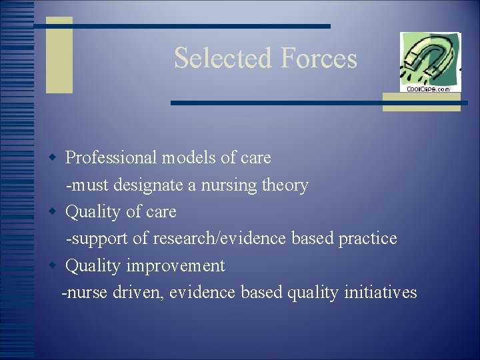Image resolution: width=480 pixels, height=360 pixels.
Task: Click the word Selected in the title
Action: [x=223, y=58]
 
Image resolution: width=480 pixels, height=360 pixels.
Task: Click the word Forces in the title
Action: [x=319, y=58]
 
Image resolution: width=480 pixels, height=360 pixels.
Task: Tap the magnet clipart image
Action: [x=429, y=58]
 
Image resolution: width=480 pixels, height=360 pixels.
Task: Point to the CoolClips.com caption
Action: [x=429, y=89]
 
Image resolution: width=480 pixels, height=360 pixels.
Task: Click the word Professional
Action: [x=110, y=158]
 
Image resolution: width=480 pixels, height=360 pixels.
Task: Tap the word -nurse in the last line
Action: [x=82, y=292]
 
